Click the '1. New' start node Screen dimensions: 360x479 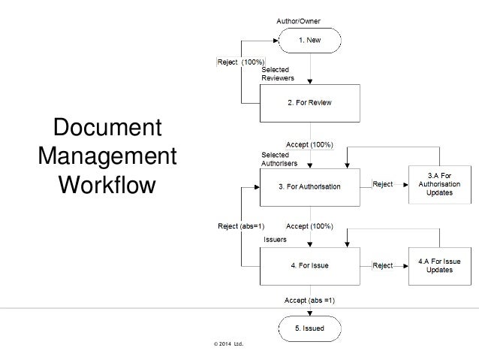tap(310, 40)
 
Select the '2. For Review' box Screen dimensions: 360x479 tap(310, 102)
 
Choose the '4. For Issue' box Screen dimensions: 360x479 tap(310, 265)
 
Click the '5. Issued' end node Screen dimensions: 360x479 tap(310, 328)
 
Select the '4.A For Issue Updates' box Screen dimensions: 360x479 tap(440, 265)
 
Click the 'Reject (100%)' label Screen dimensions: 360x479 tap(239, 62)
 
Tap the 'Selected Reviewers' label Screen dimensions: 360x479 tap(277, 74)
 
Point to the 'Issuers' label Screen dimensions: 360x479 tap(275, 239)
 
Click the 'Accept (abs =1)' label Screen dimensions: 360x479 tap(309, 301)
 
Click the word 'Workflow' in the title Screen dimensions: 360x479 tap(106, 183)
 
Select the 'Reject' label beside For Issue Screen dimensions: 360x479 tap(383, 265)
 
